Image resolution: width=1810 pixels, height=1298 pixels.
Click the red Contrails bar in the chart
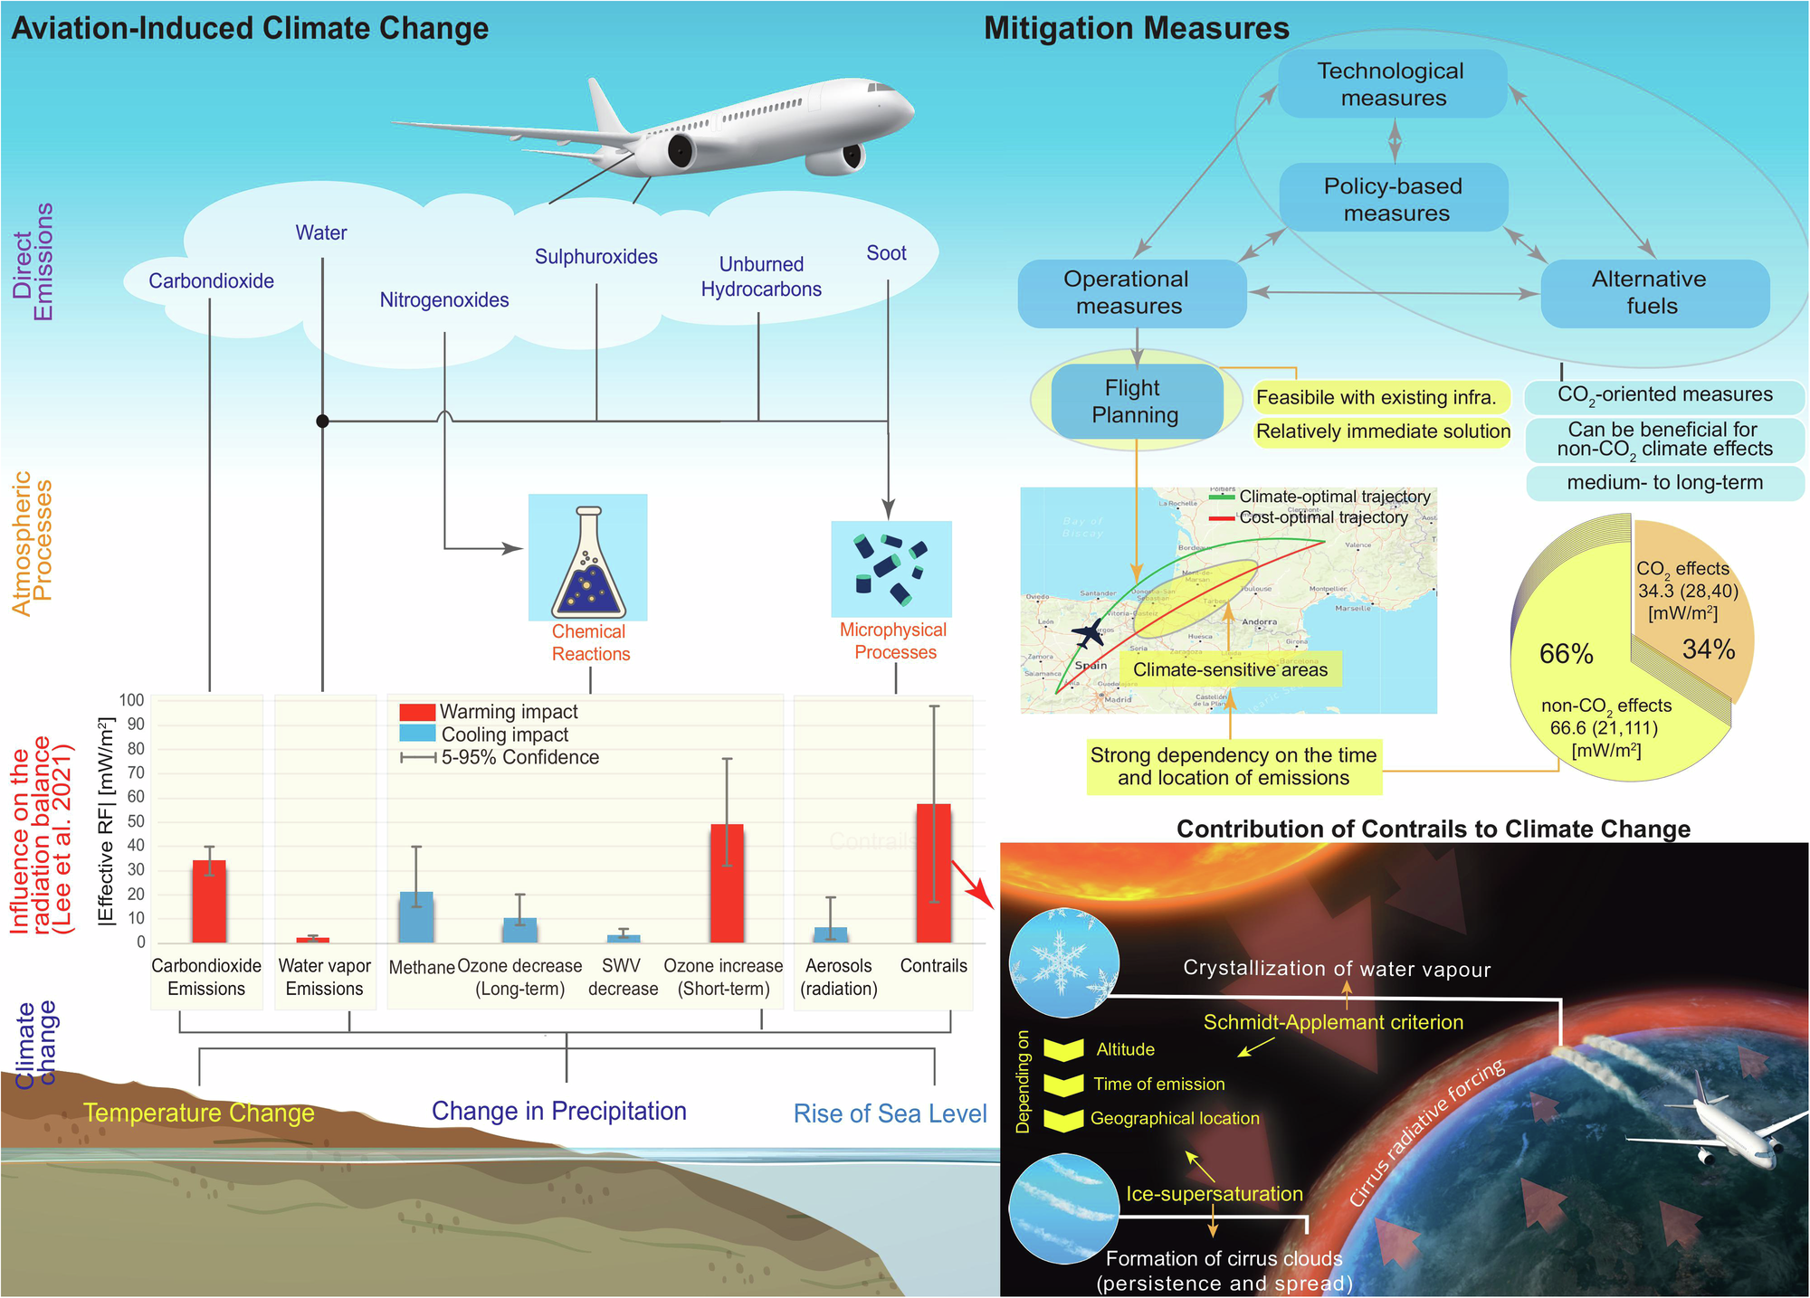(x=934, y=873)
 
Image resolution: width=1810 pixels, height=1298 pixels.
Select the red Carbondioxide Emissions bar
(x=209, y=901)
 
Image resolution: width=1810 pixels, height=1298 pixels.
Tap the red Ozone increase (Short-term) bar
(x=727, y=883)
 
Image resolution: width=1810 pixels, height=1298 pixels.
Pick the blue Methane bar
(x=416, y=917)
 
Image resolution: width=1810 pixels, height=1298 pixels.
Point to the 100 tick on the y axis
(x=132, y=700)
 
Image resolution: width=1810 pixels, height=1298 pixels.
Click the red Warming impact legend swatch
(x=417, y=712)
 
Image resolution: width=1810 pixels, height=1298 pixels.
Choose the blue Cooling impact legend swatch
(x=417, y=734)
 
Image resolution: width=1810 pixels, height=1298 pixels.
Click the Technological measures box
(x=1393, y=84)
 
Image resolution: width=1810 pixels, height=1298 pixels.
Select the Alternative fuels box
(x=1654, y=293)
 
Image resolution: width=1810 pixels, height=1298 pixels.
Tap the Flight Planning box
(x=1136, y=402)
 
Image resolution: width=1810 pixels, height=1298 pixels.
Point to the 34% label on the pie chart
(x=1708, y=649)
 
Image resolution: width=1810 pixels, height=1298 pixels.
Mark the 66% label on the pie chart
(x=1566, y=654)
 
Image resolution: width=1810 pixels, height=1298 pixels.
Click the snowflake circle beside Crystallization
(x=1063, y=962)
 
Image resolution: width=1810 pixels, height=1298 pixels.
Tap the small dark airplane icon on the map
(x=1088, y=633)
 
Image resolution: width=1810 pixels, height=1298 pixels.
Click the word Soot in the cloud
(x=886, y=253)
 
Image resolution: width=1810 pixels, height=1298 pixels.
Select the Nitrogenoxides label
(x=444, y=300)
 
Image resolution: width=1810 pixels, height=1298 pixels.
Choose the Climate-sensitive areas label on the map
(x=1230, y=670)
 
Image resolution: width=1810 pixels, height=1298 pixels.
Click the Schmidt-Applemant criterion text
(x=1333, y=1022)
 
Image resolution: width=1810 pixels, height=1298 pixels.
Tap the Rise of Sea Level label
(x=890, y=1113)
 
